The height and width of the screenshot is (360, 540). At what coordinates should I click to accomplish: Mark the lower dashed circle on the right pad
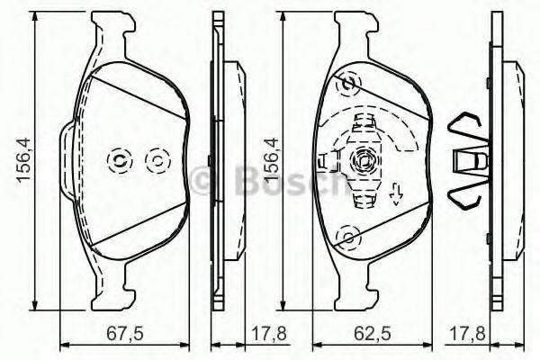tap(346, 237)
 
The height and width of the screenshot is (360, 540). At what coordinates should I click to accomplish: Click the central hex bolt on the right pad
tap(365, 162)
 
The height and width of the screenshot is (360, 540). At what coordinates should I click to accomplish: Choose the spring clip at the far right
tap(469, 159)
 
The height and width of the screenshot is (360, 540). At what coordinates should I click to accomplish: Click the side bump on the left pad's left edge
tap(66, 160)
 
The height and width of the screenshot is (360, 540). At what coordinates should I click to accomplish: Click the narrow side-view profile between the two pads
tap(219, 160)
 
